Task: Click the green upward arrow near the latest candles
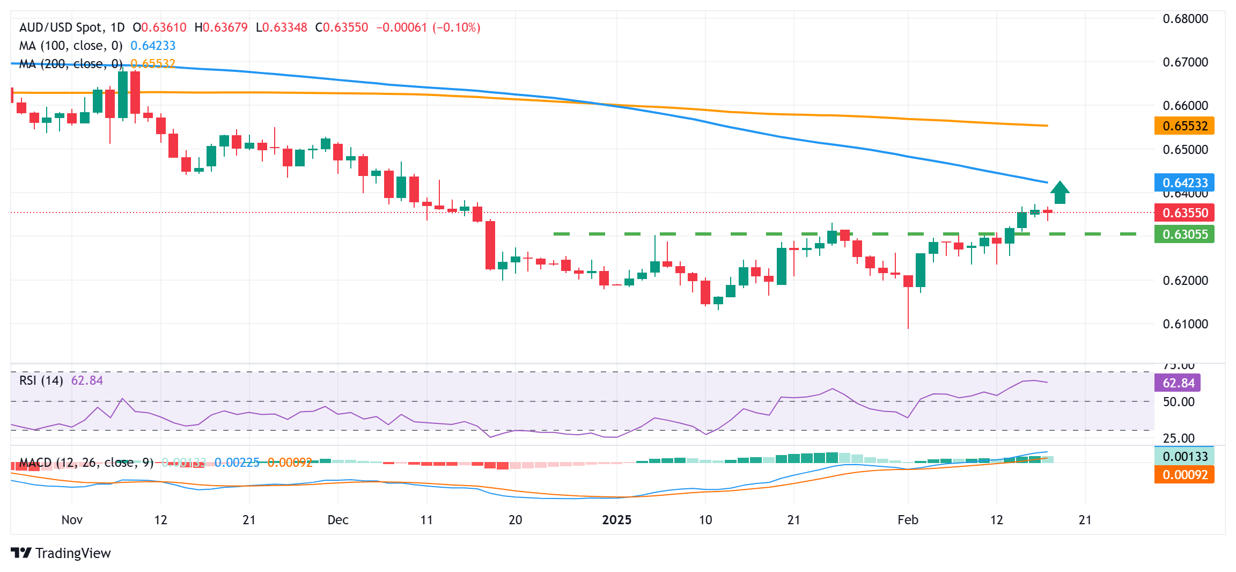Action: click(x=1060, y=193)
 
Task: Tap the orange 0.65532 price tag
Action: click(x=1184, y=126)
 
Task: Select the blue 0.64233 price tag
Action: click(x=1184, y=183)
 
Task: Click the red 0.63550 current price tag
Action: click(x=1184, y=213)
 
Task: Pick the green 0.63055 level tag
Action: click(x=1184, y=234)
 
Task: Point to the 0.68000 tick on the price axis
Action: click(x=1185, y=19)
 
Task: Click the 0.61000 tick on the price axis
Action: click(x=1185, y=324)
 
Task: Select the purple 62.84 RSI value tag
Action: click(x=1178, y=383)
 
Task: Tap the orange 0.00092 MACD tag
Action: click(x=1184, y=475)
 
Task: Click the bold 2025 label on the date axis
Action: click(x=616, y=520)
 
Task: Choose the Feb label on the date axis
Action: click(x=908, y=520)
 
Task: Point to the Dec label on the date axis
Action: click(x=338, y=520)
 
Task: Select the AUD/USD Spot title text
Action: click(x=72, y=27)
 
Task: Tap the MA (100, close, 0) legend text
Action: click(x=71, y=46)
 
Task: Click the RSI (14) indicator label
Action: click(x=41, y=380)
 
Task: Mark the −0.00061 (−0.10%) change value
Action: click(x=428, y=27)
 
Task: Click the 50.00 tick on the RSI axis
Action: click(x=1178, y=402)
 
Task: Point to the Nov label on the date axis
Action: click(x=72, y=520)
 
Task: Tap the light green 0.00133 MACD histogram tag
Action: click(x=1184, y=457)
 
